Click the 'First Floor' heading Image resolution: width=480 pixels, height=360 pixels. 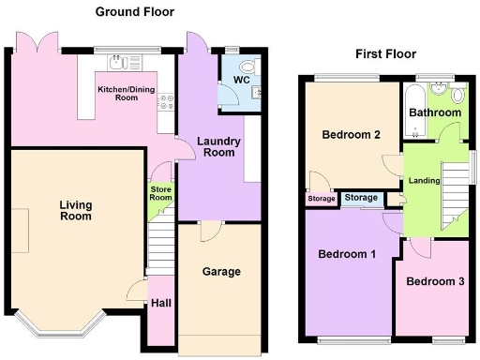click(x=384, y=53)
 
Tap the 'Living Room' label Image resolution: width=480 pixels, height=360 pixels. click(x=75, y=210)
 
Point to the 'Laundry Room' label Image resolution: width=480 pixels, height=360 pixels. click(x=219, y=147)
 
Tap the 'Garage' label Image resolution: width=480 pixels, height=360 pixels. click(x=221, y=272)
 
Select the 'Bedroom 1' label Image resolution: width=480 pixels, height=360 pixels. click(x=346, y=254)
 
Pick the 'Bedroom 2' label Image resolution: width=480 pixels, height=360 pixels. click(x=351, y=134)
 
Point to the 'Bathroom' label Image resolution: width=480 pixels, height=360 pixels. click(x=435, y=112)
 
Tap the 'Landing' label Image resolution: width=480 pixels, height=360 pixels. click(x=423, y=182)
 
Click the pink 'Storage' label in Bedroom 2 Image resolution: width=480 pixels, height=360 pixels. click(x=321, y=199)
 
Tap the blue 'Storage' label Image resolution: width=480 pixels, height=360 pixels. click(x=361, y=198)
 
